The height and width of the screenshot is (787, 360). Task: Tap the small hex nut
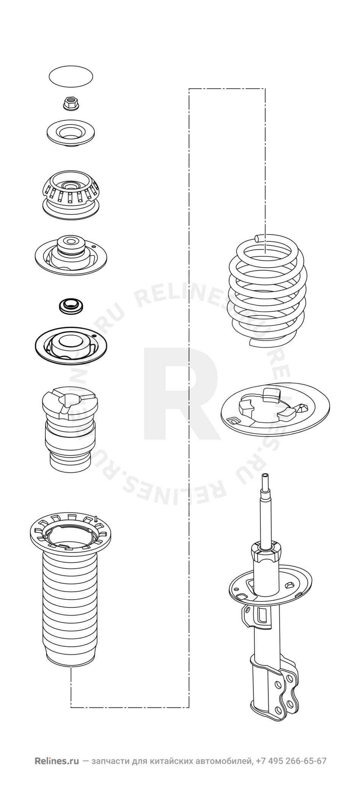pyautogui.click(x=70, y=103)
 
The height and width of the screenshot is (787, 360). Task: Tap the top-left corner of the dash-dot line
pyautogui.click(x=189, y=89)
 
